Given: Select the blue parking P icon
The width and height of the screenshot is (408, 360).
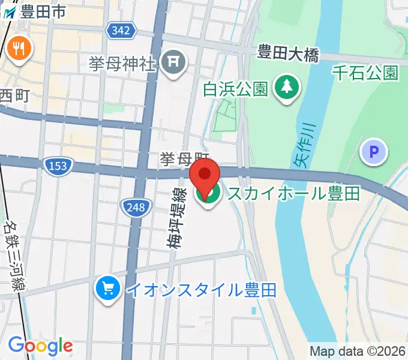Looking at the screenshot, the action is [x=374, y=153].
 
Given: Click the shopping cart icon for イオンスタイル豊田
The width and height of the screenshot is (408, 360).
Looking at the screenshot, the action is [x=108, y=289].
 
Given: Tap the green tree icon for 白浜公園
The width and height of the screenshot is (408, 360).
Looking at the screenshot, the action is [x=287, y=88].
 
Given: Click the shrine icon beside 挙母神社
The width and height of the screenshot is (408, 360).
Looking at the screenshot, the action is [x=175, y=63].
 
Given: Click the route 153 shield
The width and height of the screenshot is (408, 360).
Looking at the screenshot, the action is [x=58, y=165].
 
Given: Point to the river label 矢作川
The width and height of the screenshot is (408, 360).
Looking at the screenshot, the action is [x=305, y=144].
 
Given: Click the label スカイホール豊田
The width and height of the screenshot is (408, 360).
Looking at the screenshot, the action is [x=292, y=194].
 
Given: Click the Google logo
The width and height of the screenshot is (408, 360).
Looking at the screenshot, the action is [x=40, y=346].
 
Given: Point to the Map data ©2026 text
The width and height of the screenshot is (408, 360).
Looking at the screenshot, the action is [x=358, y=352].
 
